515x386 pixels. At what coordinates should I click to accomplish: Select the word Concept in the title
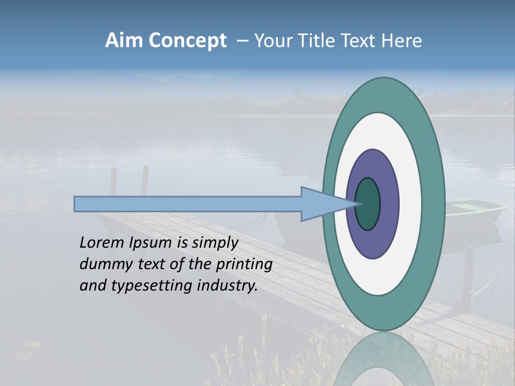pyautogui.click(x=187, y=41)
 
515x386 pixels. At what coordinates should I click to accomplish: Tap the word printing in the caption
pyautogui.click(x=244, y=264)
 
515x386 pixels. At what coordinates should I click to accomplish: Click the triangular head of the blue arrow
pyautogui.click(x=322, y=204)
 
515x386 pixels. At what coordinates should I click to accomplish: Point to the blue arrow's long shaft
pyautogui.click(x=188, y=204)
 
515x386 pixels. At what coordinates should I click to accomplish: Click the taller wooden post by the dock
pyautogui.click(x=144, y=182)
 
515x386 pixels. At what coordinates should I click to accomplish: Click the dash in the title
pyautogui.click(x=242, y=41)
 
